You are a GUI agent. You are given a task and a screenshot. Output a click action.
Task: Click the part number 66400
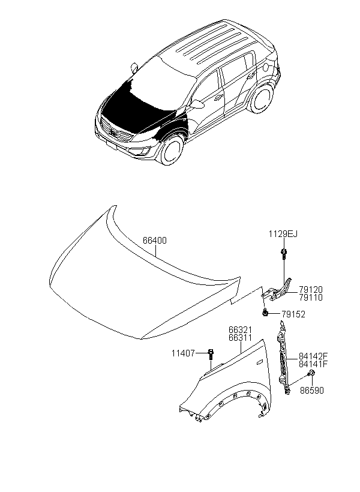click(x=155, y=241)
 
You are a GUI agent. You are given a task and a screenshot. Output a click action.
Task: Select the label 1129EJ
click(x=283, y=234)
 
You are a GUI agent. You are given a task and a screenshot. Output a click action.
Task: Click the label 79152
click(x=293, y=314)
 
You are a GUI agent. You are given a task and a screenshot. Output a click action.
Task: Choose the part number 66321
click(x=241, y=330)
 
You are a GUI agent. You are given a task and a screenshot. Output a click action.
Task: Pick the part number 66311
click(x=241, y=338)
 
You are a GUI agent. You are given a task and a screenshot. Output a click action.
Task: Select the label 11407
click(x=183, y=353)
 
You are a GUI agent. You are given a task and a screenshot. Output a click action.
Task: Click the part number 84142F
click(x=313, y=356)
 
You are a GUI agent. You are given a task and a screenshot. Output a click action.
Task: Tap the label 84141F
click(x=313, y=364)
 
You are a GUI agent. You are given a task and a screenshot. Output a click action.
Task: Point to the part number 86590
click(x=311, y=391)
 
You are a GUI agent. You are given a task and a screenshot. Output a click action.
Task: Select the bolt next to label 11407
click(x=211, y=354)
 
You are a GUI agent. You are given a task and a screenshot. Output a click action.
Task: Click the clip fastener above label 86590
click(x=311, y=373)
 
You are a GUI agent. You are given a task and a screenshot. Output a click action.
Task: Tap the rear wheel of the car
click(x=260, y=98)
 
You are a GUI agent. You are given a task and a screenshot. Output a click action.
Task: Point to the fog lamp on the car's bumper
click(x=146, y=152)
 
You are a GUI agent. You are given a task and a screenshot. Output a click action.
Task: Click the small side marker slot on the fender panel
click(x=260, y=363)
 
